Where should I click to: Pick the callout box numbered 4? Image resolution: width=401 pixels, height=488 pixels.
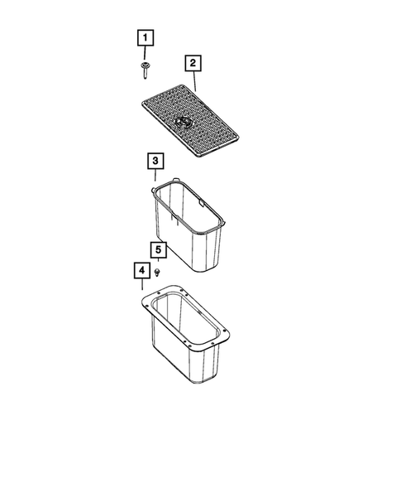pyautogui.click(x=142, y=271)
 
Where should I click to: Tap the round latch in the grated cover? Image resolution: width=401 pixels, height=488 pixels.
pyautogui.click(x=184, y=123)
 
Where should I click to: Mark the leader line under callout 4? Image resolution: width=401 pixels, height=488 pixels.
pyautogui.click(x=142, y=286)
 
